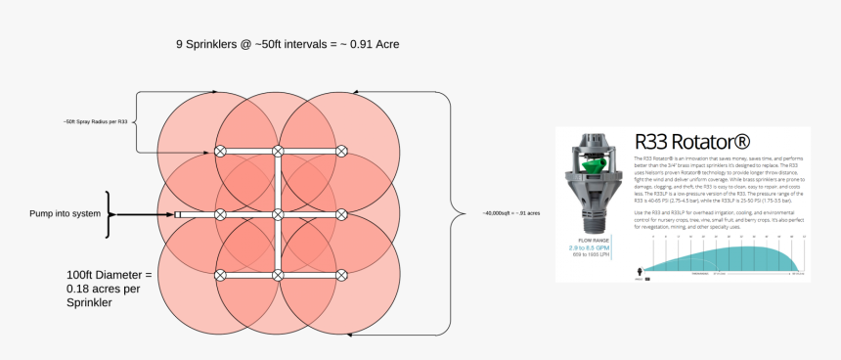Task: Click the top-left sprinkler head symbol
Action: click(220, 152)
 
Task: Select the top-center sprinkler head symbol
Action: click(278, 152)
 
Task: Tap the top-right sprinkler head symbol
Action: click(342, 152)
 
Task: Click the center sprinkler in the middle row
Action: click(278, 213)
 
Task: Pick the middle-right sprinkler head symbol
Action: click(342, 213)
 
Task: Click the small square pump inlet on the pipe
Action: click(179, 213)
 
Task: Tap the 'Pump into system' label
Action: click(66, 213)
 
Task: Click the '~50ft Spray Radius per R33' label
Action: click(95, 122)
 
